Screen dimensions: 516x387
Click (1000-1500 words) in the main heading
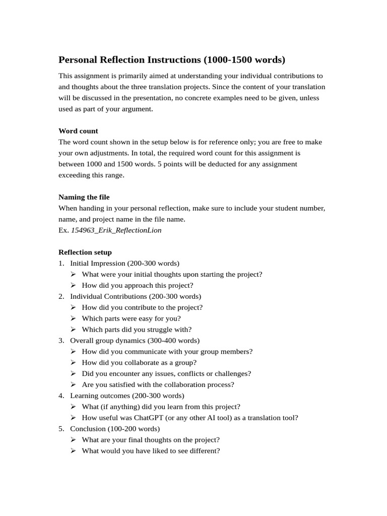coord(244,60)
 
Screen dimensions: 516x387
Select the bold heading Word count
coord(78,131)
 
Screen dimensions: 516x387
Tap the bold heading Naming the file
coord(84,197)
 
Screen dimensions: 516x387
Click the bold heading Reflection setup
coord(85,252)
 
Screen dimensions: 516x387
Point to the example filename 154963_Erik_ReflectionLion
coord(116,230)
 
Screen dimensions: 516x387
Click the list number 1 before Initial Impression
coord(60,263)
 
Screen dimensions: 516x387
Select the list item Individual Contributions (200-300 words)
coord(135,296)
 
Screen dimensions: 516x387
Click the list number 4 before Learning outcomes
coord(60,396)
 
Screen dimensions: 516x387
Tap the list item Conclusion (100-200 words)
coord(115,429)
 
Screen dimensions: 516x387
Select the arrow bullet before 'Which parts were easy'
coord(73,318)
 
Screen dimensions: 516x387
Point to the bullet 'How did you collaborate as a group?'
coord(139,362)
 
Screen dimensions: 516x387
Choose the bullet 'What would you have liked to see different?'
coord(151,451)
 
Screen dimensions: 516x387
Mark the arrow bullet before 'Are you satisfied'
coord(73,384)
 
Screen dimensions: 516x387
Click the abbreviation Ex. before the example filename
coord(63,230)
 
